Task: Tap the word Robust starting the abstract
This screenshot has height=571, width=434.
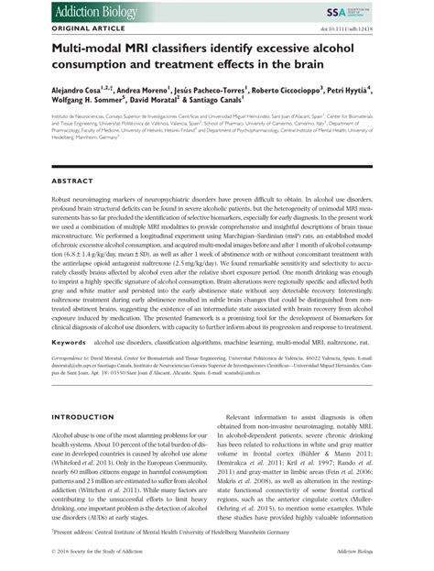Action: tap(40, 200)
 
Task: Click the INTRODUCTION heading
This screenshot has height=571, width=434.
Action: tap(60, 416)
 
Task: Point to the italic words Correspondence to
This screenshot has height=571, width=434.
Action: tap(50, 359)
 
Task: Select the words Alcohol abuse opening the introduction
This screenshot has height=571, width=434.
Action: tap(54, 434)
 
